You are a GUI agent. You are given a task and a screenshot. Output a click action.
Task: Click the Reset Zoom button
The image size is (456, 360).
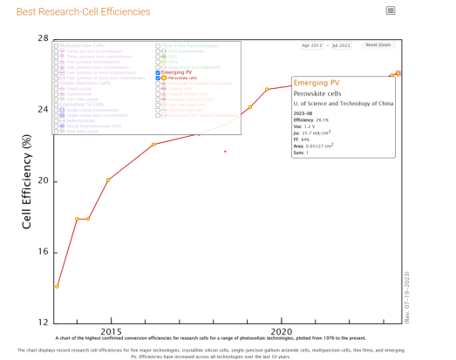click(378, 44)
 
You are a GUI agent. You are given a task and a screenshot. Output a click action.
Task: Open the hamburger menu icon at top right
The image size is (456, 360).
click(391, 10)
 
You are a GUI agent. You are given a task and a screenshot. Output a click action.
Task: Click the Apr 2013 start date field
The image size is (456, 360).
click(312, 44)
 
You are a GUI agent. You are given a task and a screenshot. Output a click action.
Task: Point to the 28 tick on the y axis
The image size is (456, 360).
click(42, 39)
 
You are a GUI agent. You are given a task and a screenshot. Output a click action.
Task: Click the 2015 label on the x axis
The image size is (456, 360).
click(110, 332)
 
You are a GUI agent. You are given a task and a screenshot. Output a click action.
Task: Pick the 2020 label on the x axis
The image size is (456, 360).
click(281, 332)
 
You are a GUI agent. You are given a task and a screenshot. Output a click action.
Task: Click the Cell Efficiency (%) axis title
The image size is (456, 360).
click(27, 180)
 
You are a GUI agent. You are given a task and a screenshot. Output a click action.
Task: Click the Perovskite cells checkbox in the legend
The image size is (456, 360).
click(158, 78)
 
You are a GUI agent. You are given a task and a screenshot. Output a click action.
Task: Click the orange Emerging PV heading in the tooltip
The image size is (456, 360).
click(317, 82)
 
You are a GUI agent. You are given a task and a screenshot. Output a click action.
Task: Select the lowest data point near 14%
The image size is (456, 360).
click(58, 286)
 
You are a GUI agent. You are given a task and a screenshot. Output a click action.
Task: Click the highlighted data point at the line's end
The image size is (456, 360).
click(398, 73)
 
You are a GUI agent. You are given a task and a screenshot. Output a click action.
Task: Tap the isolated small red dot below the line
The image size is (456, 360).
click(225, 152)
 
